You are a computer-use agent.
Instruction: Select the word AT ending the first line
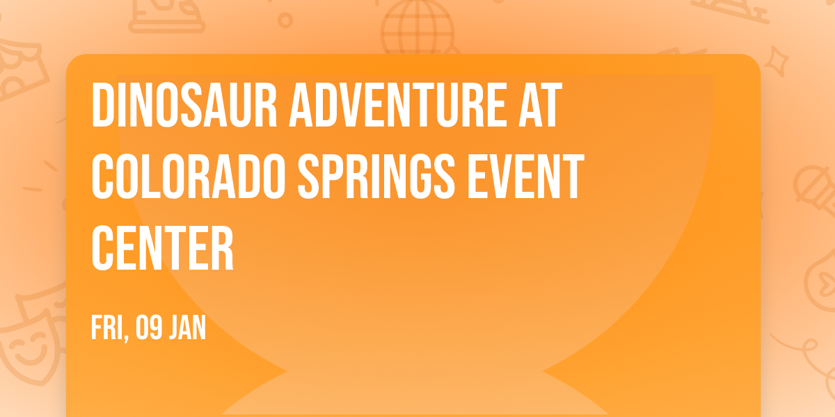(x=539, y=106)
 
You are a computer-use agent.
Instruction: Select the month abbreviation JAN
(x=188, y=327)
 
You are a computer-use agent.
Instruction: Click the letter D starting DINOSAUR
(x=103, y=106)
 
